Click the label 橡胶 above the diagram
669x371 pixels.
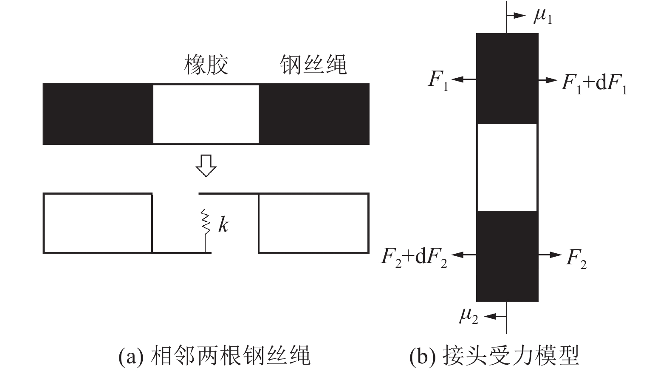(206, 65)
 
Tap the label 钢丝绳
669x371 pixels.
(313, 65)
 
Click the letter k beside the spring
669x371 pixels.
(223, 224)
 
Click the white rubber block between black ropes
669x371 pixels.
(206, 114)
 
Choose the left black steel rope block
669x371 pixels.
(98, 114)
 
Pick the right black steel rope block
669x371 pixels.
(314, 114)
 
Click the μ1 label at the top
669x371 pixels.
(543, 17)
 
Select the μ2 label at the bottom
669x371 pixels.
(469, 316)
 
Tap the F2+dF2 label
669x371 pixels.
(414, 257)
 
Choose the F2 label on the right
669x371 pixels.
(576, 258)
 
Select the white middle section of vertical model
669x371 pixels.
(507, 167)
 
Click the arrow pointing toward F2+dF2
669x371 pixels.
(464, 255)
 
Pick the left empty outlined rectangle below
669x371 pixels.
(98, 223)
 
